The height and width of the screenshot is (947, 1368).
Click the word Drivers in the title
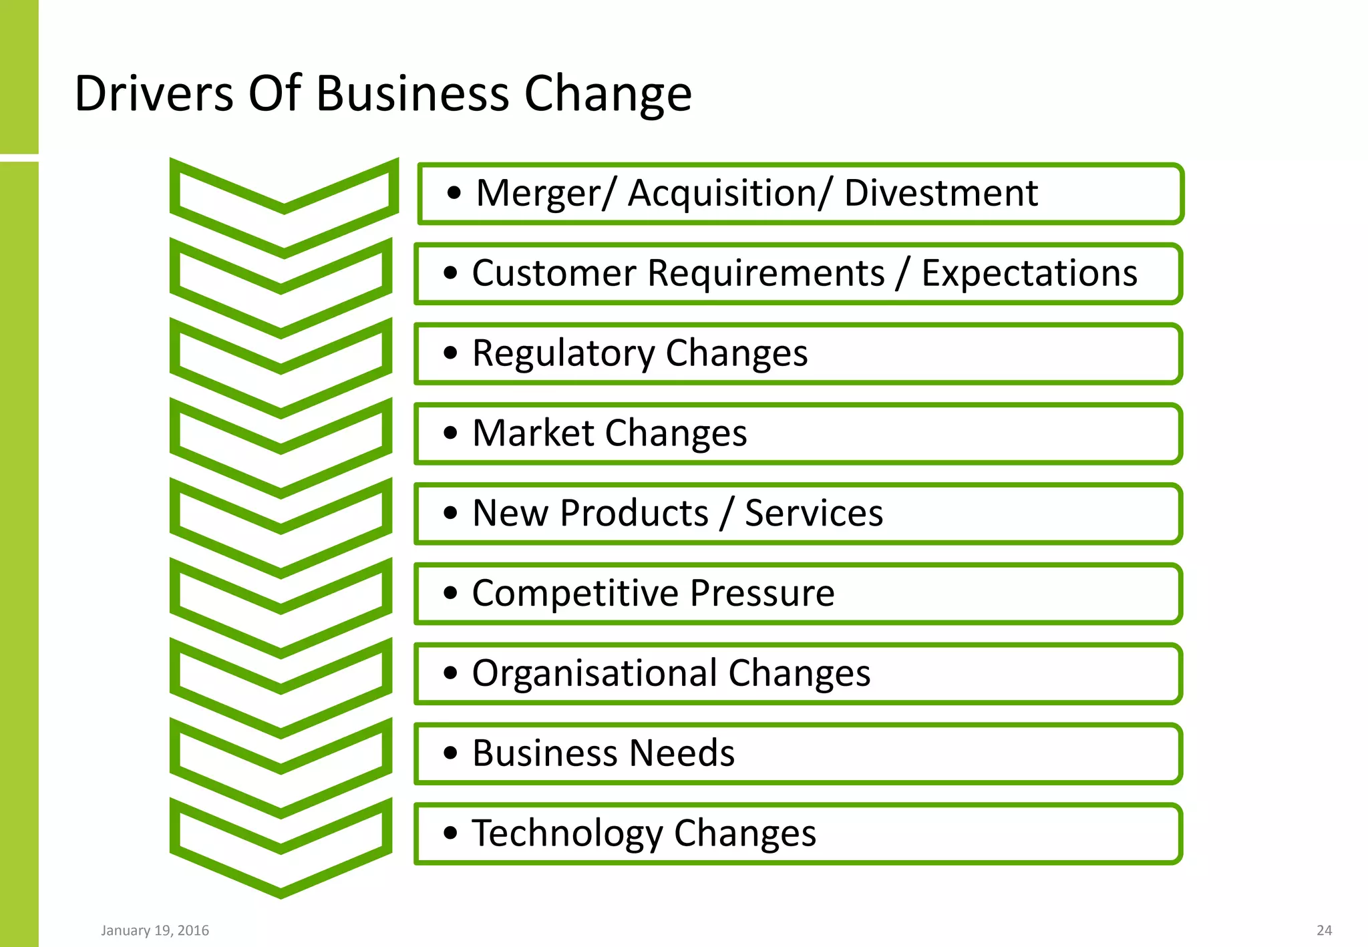click(154, 93)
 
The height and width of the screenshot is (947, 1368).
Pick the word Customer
click(554, 274)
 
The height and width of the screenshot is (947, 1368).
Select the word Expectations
click(1029, 274)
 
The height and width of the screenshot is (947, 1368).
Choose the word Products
click(634, 514)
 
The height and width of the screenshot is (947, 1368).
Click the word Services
click(814, 514)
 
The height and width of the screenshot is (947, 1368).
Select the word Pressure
click(762, 594)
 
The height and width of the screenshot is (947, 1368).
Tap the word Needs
click(682, 753)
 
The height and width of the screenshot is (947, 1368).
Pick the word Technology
click(567, 833)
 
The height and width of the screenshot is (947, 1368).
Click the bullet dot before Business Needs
click(451, 753)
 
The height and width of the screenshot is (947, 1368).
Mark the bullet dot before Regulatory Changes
click(451, 353)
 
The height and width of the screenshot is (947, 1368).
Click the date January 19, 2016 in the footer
click(155, 930)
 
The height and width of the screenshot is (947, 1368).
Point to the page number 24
click(1324, 930)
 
